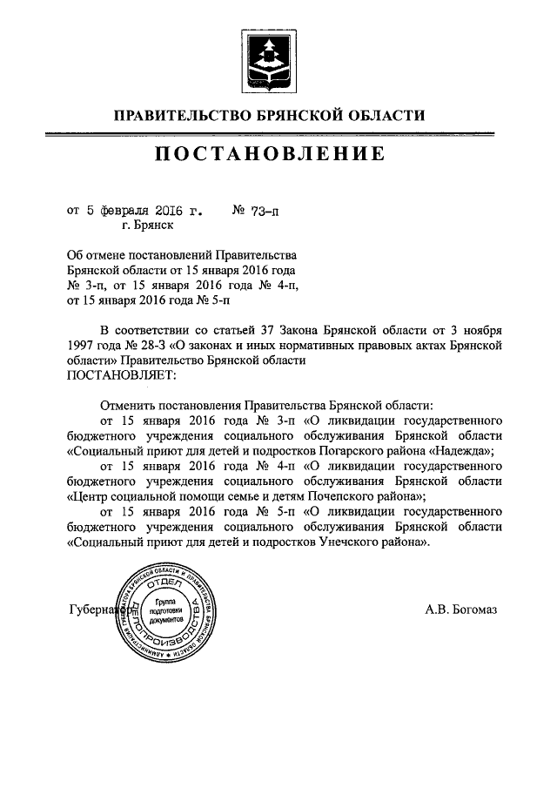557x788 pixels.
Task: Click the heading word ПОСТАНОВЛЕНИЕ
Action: [x=270, y=155]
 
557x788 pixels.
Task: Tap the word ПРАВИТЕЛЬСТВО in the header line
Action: [x=177, y=115]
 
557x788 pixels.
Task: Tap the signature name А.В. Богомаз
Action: [x=460, y=610]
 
